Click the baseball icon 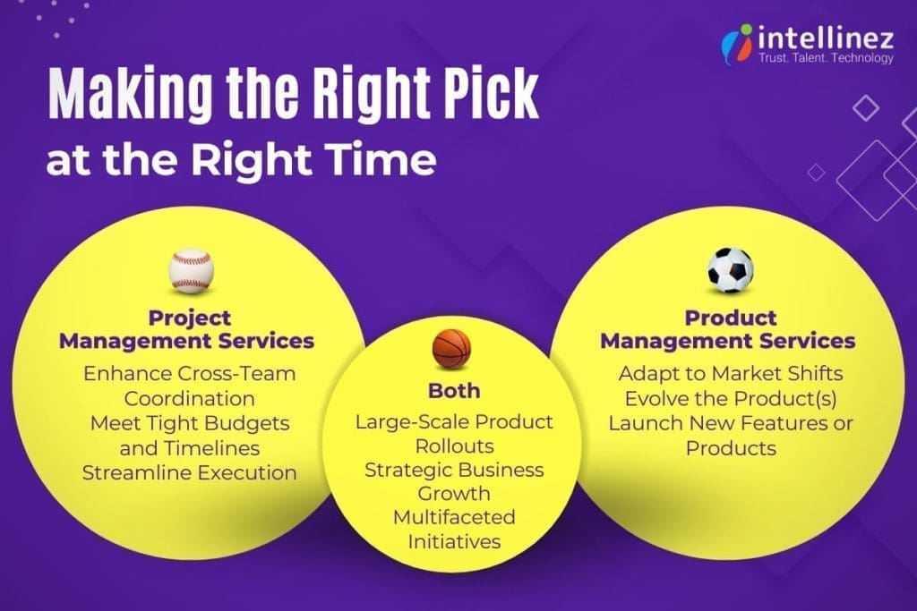pyautogui.click(x=191, y=271)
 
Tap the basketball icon pyautogui.click(x=451, y=349)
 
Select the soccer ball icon pyautogui.click(x=731, y=270)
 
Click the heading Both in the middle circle pyautogui.click(x=454, y=391)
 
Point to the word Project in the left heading pyautogui.click(x=189, y=318)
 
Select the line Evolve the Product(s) pyautogui.click(x=731, y=398)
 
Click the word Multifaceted pyautogui.click(x=454, y=518)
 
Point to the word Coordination pyautogui.click(x=189, y=398)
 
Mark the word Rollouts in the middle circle pyautogui.click(x=454, y=445)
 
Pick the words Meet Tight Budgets pyautogui.click(x=189, y=423)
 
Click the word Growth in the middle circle pyautogui.click(x=454, y=493)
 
